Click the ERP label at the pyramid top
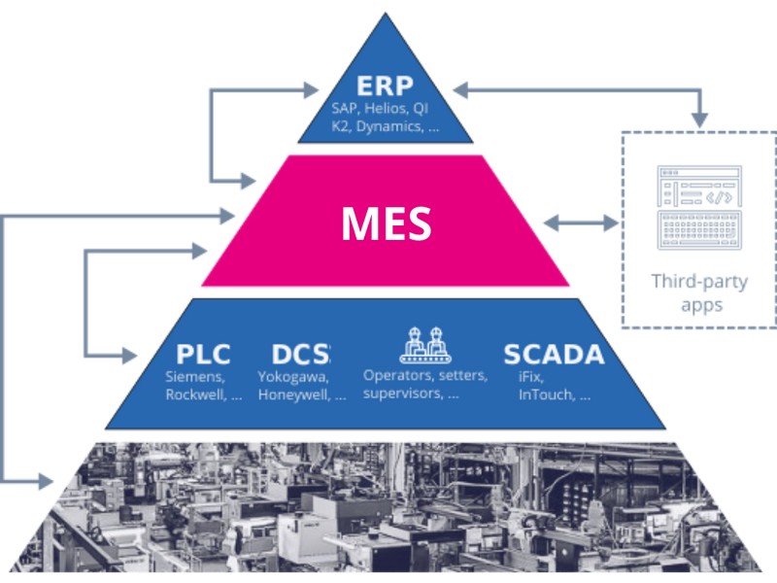click(x=386, y=85)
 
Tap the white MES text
click(x=386, y=223)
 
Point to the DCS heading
click(x=301, y=354)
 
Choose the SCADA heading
click(x=554, y=354)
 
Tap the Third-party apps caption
click(x=699, y=294)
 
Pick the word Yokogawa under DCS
click(x=292, y=377)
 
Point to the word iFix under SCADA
click(x=528, y=377)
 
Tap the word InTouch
click(x=546, y=395)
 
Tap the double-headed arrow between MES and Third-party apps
click(x=581, y=223)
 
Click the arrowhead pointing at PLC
click(x=132, y=353)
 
